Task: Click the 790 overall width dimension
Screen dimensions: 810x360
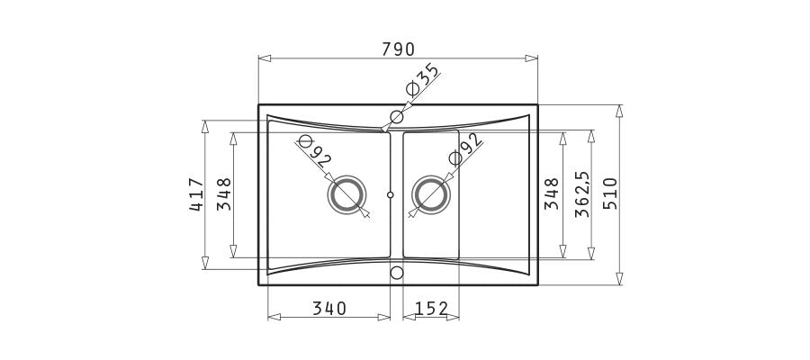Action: (x=399, y=49)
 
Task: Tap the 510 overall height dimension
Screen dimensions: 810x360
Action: (x=610, y=193)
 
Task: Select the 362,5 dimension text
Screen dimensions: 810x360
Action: (x=582, y=194)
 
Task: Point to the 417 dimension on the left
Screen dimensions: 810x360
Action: (x=196, y=194)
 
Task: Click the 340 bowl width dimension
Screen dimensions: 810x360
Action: (x=329, y=309)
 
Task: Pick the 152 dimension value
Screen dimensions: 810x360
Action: (x=431, y=309)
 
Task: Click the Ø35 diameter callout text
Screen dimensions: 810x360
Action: (x=422, y=79)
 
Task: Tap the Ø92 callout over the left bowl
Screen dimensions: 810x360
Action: (x=313, y=151)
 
